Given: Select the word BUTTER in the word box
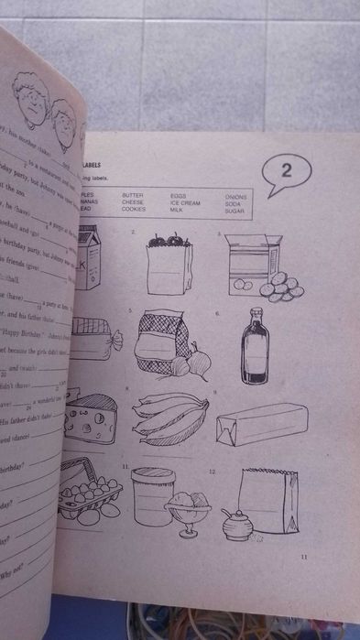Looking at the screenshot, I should [x=133, y=195].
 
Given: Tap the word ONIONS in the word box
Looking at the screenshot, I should [x=236, y=196].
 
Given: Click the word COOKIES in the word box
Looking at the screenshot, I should [x=136, y=210].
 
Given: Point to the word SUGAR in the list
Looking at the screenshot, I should [x=235, y=210].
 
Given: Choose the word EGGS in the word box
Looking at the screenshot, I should [x=179, y=195].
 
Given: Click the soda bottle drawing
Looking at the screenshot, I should [x=256, y=353].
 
